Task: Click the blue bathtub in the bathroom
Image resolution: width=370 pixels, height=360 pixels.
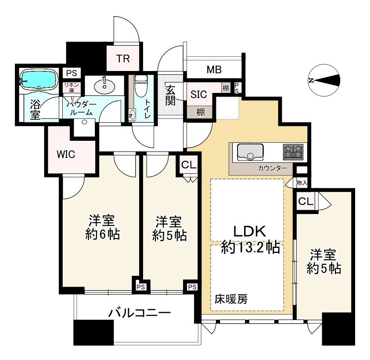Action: coord(39,79)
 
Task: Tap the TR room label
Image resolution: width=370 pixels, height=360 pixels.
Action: coord(123,59)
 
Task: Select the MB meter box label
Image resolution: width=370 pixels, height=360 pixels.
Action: coord(214,70)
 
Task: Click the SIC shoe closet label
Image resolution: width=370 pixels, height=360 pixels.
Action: coord(199,95)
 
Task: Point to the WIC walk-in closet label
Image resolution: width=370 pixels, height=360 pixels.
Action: coord(66,155)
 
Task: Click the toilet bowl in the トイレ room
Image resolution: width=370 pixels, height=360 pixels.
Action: coord(141,86)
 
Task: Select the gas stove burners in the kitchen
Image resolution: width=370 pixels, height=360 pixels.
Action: coord(293,152)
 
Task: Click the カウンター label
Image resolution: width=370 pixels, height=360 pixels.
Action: coord(272,168)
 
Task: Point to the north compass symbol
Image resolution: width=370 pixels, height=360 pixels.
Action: coord(324,80)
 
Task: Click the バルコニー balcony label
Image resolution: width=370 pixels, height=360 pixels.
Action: coord(139,313)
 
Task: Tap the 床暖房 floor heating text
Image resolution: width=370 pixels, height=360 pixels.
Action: coord(231,299)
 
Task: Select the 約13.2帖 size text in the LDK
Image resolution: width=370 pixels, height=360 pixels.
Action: coord(250,248)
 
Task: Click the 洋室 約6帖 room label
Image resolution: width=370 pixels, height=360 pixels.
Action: coord(102,227)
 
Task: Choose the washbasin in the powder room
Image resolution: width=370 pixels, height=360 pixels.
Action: coord(105,86)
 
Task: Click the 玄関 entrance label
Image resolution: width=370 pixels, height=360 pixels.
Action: coord(170,95)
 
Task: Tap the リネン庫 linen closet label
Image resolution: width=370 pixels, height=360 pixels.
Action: coord(72,87)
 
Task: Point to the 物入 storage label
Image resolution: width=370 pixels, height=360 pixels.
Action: coord(302,182)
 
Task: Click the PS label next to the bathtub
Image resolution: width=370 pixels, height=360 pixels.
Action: coord(71,73)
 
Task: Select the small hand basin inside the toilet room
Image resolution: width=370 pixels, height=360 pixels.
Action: coord(132,115)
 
